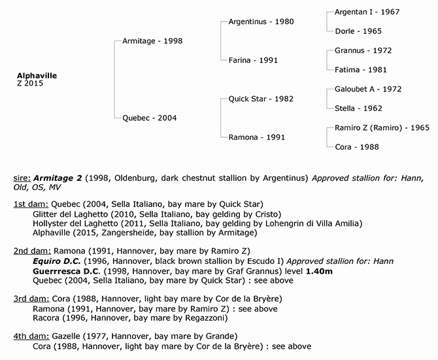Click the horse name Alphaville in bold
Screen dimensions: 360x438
[x=37, y=76]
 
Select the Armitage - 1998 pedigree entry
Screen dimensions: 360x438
[x=152, y=41]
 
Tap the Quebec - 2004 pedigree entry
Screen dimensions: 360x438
[x=149, y=118]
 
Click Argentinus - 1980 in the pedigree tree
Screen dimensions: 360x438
[x=261, y=22]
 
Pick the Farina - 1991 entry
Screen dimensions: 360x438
[x=254, y=60]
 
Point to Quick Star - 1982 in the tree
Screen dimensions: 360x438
[x=260, y=99]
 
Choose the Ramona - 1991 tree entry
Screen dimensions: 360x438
[x=257, y=137]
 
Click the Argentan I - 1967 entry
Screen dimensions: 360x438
[x=367, y=12]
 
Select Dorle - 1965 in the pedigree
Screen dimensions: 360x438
[x=358, y=31]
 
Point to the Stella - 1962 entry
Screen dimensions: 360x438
[x=358, y=108]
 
